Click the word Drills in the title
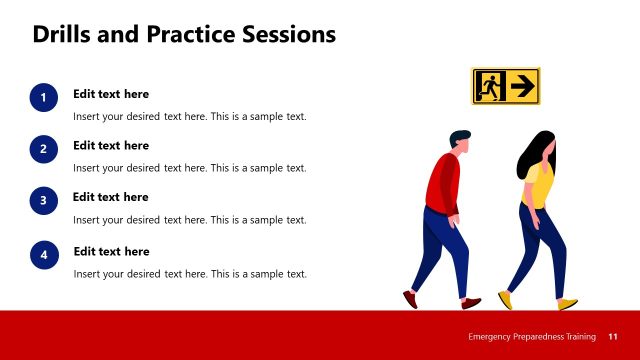coord(63,35)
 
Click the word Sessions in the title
coord(289,35)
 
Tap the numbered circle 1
coord(43,97)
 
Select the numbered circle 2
coord(43,149)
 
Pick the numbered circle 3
coord(43,201)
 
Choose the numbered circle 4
coord(43,256)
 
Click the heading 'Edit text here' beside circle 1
coord(111,94)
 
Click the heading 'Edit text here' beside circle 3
coord(111,197)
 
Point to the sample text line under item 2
coord(190,168)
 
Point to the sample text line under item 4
coord(190,274)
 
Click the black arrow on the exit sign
coord(521,87)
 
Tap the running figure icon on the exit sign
coord(489,87)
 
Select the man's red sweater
coord(442,184)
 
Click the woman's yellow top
coord(541,184)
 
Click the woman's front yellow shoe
coord(567,304)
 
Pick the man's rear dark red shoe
coord(410,298)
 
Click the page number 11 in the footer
coord(613,336)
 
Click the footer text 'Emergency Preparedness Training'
coord(532,336)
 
